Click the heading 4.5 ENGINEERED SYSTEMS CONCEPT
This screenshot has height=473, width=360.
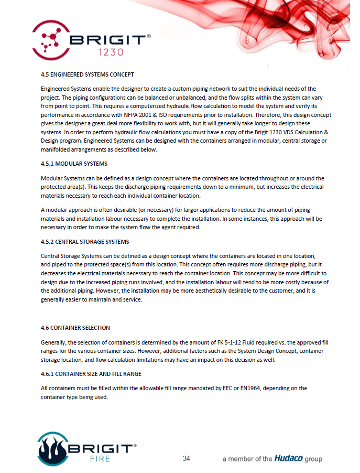(87, 74)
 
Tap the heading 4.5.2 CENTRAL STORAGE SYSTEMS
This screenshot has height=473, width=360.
(85, 242)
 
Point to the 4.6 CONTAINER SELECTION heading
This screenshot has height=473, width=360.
(75, 328)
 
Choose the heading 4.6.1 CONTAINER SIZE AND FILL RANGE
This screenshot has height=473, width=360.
(91, 374)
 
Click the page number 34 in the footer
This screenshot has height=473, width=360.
(186, 459)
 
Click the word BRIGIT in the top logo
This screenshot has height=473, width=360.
(111, 39)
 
